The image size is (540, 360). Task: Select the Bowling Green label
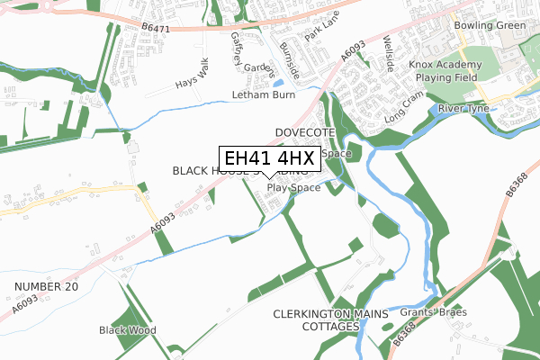(x=490, y=25)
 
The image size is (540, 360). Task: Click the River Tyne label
(x=463, y=109)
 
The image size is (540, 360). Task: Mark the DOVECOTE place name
(x=305, y=132)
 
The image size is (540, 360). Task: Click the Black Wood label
(x=127, y=330)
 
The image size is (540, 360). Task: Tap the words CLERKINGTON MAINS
(x=330, y=313)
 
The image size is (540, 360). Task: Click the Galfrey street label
(x=238, y=47)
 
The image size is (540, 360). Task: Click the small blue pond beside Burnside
(x=278, y=82)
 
